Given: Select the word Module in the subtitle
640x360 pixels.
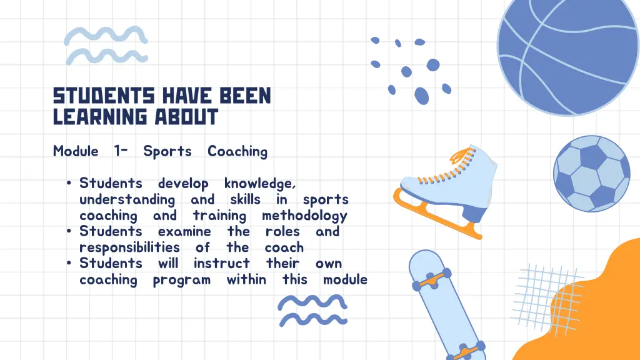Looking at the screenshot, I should tap(76, 151).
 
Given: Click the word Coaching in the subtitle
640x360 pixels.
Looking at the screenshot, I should tap(237, 151).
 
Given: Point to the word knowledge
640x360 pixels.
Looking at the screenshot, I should tap(259, 184).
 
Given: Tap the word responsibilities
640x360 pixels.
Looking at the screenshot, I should tap(129, 247).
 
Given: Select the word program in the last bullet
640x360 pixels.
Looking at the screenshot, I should tap(181, 280).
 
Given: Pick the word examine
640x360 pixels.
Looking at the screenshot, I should tap(185, 232).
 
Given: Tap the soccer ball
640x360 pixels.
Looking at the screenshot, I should tap(591, 174).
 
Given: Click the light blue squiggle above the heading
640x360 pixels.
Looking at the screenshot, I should tap(106, 46).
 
